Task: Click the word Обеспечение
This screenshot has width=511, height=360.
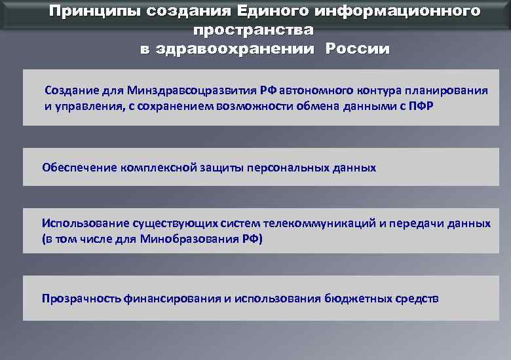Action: (x=79, y=168)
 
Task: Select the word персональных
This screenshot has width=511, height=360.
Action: (x=287, y=168)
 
